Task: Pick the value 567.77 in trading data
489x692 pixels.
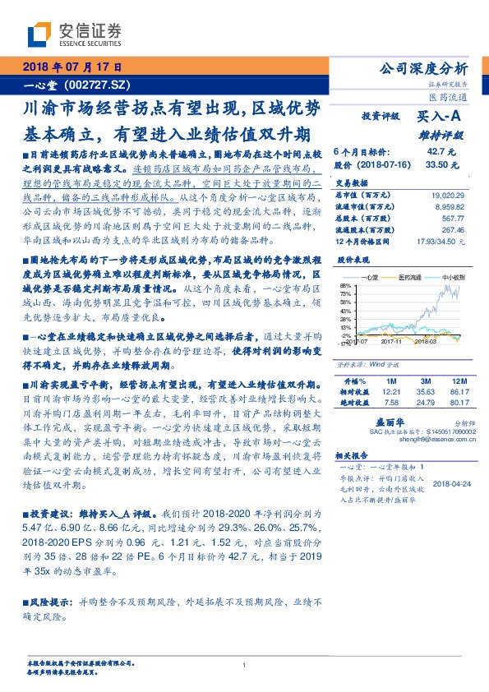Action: [x=453, y=218]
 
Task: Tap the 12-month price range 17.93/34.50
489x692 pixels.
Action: [x=442, y=241]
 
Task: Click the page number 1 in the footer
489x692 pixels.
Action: [x=244, y=665]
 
